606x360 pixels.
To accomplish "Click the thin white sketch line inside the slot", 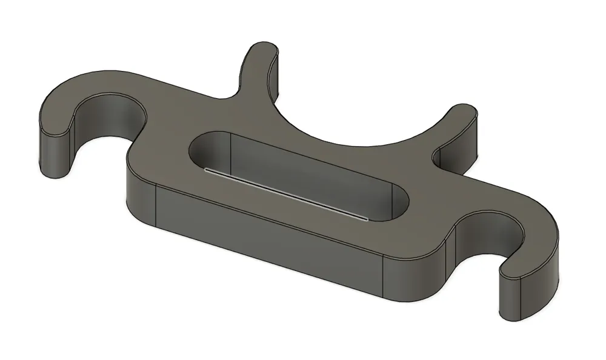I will [285, 194].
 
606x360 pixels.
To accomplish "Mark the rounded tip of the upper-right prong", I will [464, 112].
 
